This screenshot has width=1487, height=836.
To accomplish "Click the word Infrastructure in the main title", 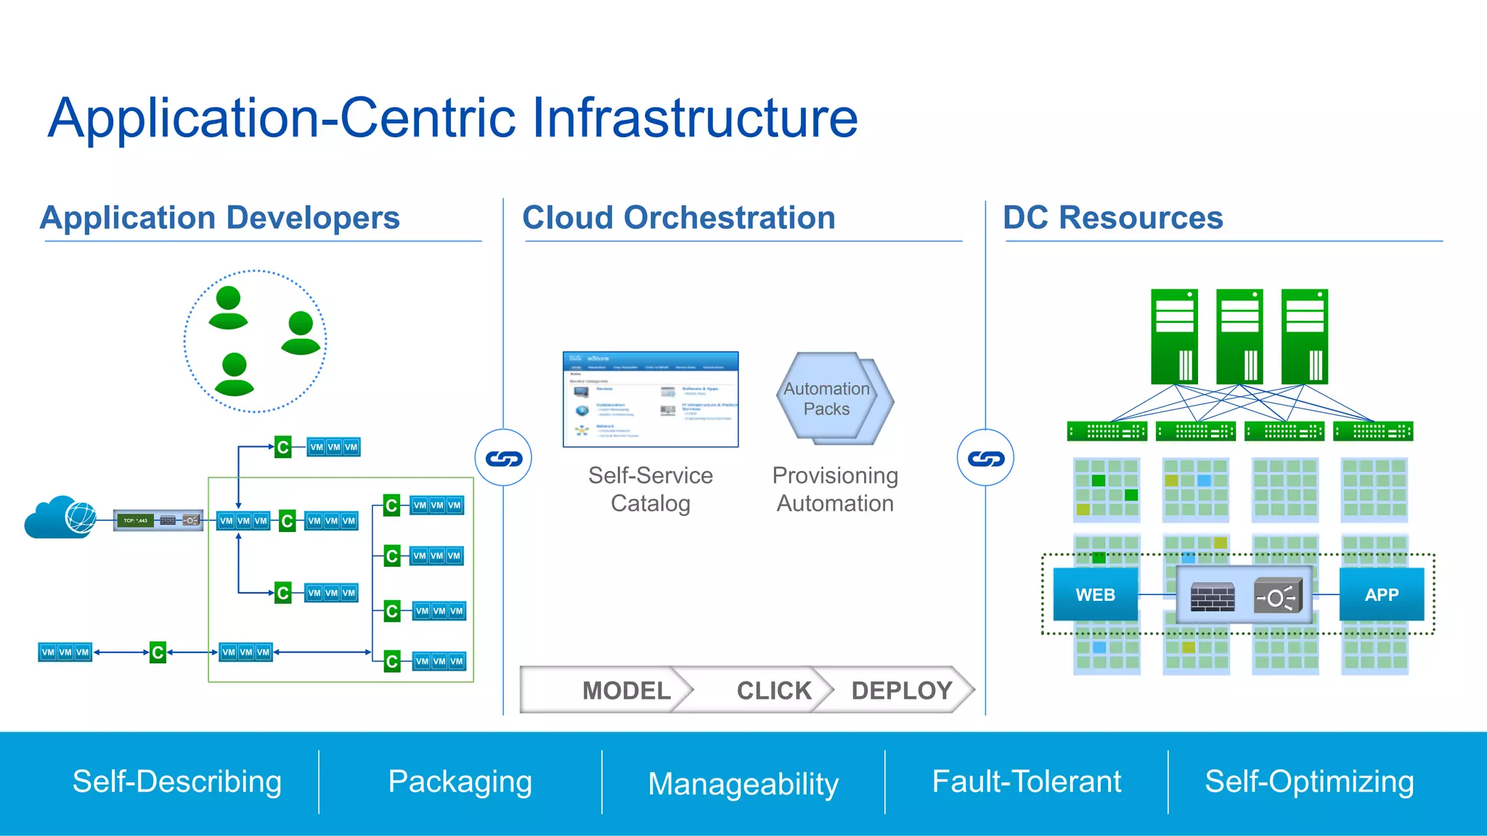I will coord(695,118).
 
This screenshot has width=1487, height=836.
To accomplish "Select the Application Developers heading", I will coord(220,218).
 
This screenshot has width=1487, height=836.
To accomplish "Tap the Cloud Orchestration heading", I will coord(679,218).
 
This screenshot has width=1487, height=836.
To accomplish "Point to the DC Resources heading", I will coord(1112,218).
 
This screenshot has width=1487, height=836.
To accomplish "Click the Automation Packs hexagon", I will coord(831,398).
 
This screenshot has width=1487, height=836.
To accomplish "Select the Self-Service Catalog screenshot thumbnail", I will coord(651,399).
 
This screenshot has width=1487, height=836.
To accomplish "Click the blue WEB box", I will coord(1095,594).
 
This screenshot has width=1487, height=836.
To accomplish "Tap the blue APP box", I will coord(1381,594).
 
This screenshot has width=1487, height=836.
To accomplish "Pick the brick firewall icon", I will coord(1212,597).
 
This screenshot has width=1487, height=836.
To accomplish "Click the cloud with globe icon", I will coord(61,517).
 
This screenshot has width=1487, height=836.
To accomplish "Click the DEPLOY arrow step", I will coord(900,690).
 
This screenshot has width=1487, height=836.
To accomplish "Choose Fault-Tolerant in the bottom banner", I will coord(1026,782).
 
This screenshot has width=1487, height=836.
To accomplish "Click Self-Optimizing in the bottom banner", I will coord(1309,782).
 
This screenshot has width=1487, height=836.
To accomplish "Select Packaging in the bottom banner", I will coord(460,782).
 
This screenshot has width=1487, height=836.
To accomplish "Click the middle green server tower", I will coord(1239,337).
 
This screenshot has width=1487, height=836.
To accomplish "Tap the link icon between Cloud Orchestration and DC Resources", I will coord(985,458).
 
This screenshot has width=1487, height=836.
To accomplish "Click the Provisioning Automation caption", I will coord(835,489).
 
